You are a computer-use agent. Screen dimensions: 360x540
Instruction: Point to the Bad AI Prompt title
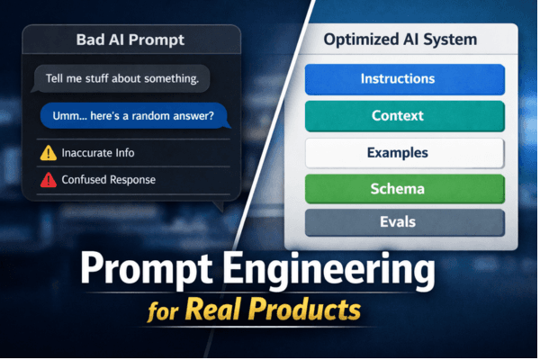(130, 41)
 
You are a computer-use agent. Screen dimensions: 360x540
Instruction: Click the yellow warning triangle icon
(48, 153)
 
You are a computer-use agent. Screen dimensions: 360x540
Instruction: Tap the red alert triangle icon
(48, 180)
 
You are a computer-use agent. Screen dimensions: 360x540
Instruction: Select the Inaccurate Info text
(99, 153)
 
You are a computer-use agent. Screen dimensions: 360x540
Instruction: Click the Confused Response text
(108, 180)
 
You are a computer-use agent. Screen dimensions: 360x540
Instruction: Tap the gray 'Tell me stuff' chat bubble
(121, 79)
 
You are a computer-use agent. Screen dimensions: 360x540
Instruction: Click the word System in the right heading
(453, 40)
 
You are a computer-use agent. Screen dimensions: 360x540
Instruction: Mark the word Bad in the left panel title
(92, 41)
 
